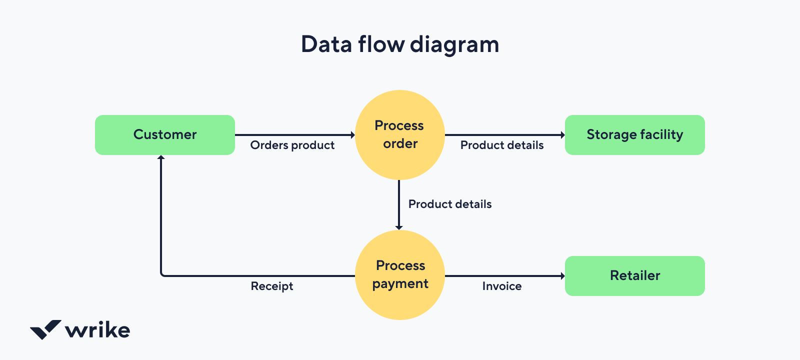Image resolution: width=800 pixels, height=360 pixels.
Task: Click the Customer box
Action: coord(165,135)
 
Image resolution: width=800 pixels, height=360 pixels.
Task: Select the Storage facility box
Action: coord(635,135)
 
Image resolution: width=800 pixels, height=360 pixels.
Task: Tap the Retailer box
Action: coord(635,276)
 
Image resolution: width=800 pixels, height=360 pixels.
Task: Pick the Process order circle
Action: coord(400,135)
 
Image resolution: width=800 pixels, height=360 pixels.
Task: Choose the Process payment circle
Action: coord(400,275)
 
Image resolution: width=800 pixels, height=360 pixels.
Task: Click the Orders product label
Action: coord(292,145)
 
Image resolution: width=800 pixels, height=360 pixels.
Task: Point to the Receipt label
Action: coord(272,286)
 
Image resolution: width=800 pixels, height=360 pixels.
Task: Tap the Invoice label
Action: coord(502,286)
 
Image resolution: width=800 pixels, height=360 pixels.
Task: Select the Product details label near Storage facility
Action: coord(502,145)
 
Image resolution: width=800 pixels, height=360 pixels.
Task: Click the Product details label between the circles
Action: coord(450,204)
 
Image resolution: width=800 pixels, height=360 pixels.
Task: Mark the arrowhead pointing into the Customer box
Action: coord(161,157)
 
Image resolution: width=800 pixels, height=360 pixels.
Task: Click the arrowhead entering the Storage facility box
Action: coord(562,135)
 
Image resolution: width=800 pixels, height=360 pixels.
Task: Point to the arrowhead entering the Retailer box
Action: coord(562,276)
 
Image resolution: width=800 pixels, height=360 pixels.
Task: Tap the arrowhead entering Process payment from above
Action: coord(399,227)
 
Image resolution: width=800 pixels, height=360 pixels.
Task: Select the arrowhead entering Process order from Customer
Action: coord(352,135)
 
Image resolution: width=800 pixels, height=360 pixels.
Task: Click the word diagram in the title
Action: coord(454,45)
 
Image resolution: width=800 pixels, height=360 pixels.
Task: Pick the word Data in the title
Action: coord(326,44)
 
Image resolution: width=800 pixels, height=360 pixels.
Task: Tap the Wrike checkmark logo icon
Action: coord(45,329)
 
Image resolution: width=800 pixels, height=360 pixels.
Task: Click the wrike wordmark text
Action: coord(98,330)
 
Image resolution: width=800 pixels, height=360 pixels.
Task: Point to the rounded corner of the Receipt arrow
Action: coord(162,274)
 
